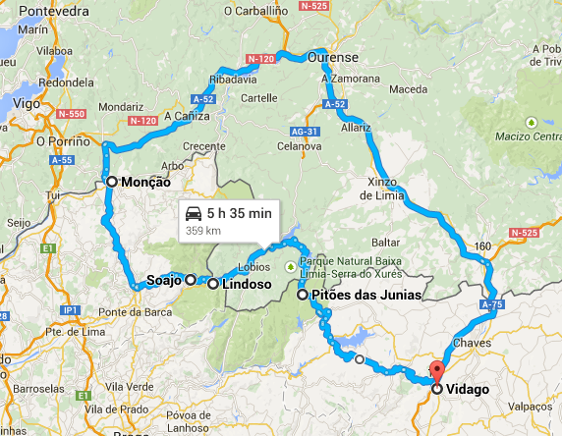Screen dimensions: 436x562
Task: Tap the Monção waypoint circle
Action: point(112,182)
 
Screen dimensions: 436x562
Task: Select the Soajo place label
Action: point(163,280)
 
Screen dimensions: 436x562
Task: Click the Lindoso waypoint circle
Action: point(213,284)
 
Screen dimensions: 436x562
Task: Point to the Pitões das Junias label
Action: point(365,295)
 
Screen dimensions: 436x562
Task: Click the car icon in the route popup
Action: point(194,213)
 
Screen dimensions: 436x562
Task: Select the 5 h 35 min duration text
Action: point(240,213)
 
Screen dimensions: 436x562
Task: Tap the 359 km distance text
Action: point(201,231)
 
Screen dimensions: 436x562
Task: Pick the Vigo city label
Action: point(29,102)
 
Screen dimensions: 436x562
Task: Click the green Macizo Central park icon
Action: point(531,123)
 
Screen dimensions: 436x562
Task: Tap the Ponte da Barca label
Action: point(128,312)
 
